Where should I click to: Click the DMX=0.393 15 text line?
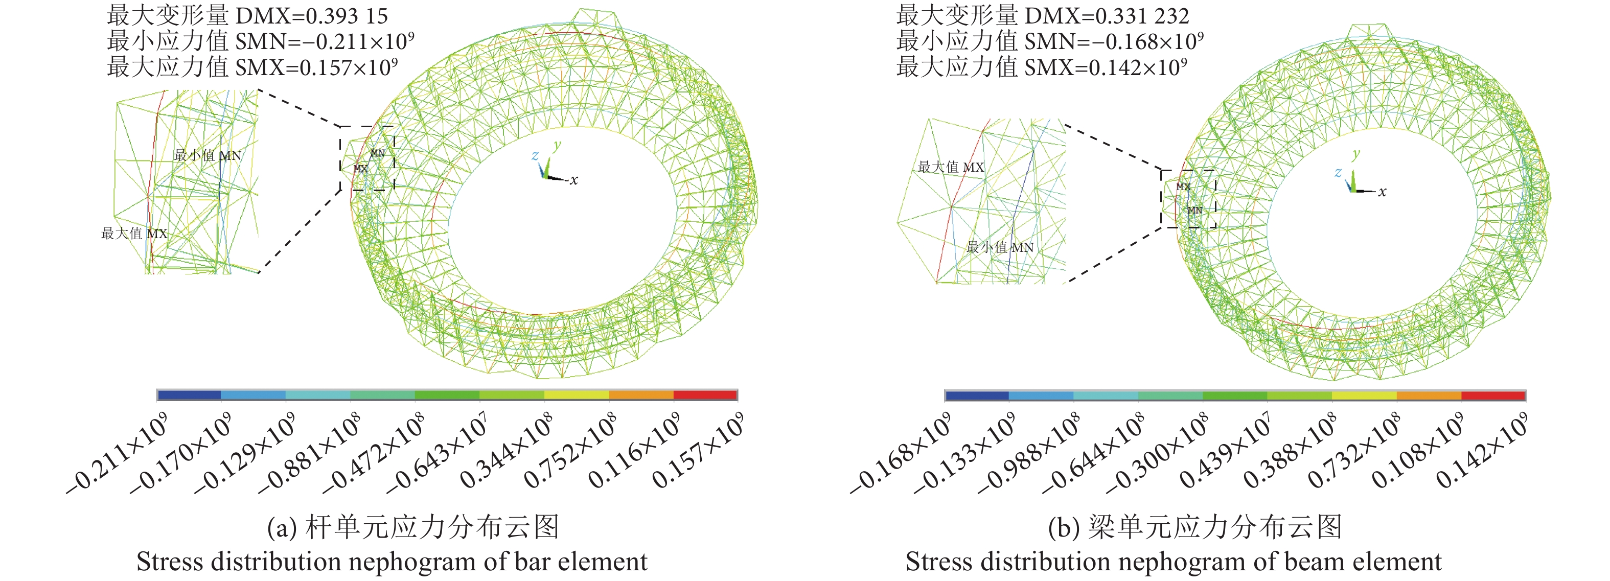pos(247,16)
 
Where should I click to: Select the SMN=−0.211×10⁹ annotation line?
pos(260,41)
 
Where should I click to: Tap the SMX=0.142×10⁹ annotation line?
pos(1041,67)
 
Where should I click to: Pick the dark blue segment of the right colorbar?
pos(977,396)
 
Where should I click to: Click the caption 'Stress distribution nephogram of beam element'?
pos(1173,562)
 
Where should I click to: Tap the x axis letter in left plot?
pos(574,180)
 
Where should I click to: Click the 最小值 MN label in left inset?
pos(207,155)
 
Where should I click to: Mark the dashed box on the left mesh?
pos(367,158)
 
